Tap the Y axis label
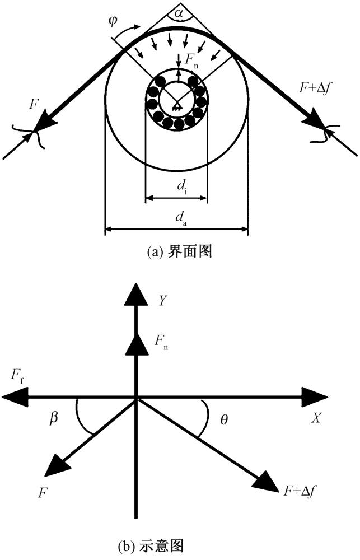pos(163,301)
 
